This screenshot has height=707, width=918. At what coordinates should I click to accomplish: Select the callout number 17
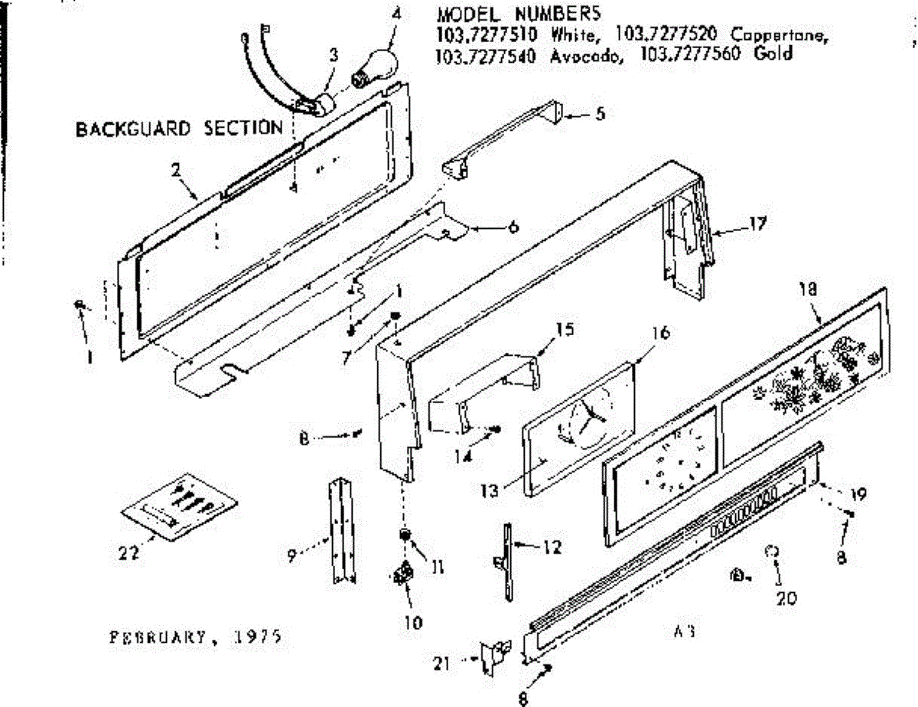coord(757,224)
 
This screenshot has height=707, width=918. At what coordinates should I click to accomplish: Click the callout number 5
coord(600,114)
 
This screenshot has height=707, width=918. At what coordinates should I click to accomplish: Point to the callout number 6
coord(513,227)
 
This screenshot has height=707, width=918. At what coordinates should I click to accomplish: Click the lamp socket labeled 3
coord(315,103)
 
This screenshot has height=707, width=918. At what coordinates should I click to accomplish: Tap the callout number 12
coord(552,548)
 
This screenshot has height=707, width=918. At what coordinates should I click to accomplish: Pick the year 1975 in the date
coord(258,636)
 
